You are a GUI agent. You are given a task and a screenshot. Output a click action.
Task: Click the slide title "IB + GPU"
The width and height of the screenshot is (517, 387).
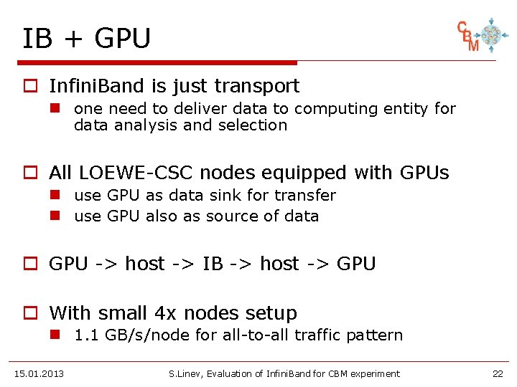pyautogui.click(x=86, y=38)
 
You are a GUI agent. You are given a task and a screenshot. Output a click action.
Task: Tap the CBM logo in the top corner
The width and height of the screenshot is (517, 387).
pyautogui.click(x=478, y=34)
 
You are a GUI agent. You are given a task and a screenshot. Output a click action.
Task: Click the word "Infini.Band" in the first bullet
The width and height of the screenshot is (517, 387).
pyautogui.click(x=98, y=86)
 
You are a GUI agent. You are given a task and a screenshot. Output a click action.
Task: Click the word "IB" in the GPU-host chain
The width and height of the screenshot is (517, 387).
pyautogui.click(x=213, y=264)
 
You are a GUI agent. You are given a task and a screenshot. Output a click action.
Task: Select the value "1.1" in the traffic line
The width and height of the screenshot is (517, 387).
pyautogui.click(x=87, y=335)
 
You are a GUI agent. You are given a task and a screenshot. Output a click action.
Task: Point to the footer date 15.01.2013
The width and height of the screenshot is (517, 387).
pyautogui.click(x=39, y=373)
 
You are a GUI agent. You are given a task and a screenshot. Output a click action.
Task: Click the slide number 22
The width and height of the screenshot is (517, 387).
pyautogui.click(x=498, y=373)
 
